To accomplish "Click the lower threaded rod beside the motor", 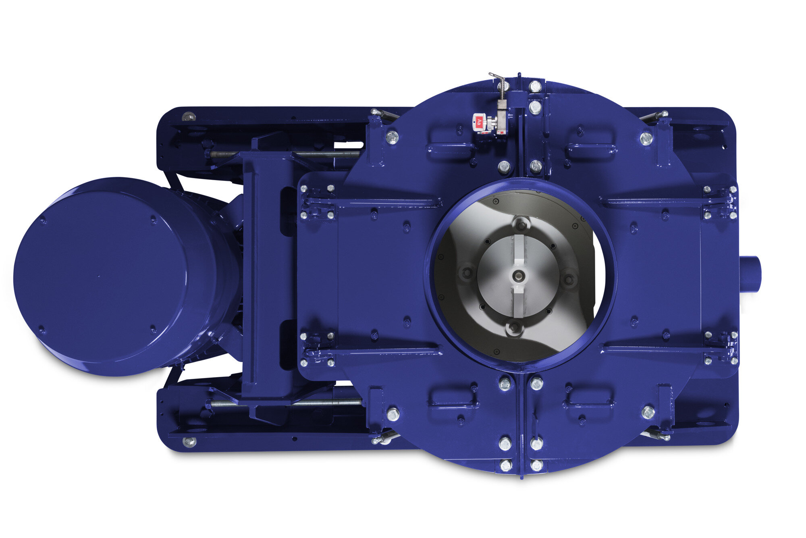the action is coord(286,402).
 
